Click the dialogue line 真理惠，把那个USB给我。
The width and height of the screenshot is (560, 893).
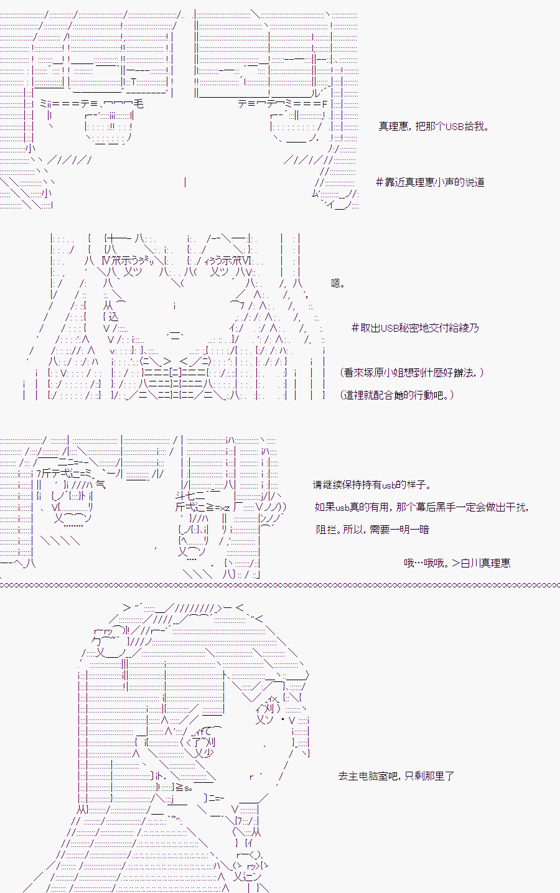tap(434, 126)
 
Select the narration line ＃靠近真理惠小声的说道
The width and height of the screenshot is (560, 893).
tap(430, 182)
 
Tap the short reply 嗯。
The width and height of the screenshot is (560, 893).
tap(338, 283)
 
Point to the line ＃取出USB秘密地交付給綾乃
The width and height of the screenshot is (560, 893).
tap(415, 328)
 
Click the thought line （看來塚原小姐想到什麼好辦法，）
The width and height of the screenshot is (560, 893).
tap(412, 372)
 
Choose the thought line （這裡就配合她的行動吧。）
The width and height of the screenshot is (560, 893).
tap(397, 395)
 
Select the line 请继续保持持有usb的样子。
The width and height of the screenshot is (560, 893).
tap(372, 485)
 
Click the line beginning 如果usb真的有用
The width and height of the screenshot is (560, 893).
tap(422, 507)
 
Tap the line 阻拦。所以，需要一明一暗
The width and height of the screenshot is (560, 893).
tap(373, 530)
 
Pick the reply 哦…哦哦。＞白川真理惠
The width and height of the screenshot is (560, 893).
tap(457, 563)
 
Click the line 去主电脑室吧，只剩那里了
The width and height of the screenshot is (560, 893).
tap(396, 776)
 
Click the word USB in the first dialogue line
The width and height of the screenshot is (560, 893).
tap(454, 126)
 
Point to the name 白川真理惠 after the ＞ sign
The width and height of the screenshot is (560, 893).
tap(485, 563)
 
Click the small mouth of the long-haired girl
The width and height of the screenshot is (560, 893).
tap(175, 335)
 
